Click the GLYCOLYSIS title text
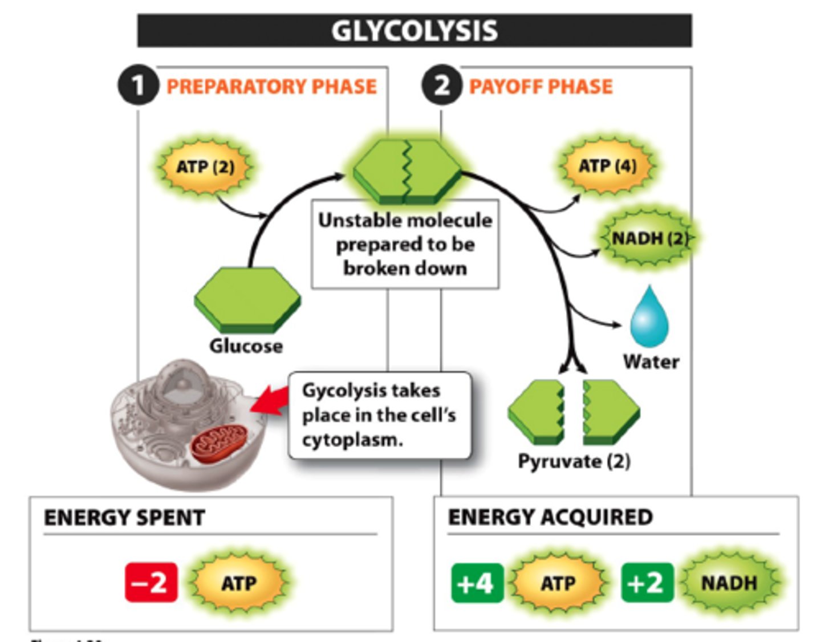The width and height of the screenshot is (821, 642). [414, 31]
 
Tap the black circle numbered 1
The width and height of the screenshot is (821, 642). [137, 86]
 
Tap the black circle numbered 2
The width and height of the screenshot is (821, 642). [441, 86]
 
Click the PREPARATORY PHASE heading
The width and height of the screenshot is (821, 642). [271, 87]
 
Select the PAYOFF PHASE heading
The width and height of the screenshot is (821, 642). [540, 87]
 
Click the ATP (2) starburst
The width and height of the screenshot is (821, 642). [205, 167]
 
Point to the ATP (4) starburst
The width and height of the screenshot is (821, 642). [608, 166]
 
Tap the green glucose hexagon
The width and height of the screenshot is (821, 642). [247, 299]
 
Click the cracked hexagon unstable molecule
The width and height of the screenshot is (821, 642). [407, 171]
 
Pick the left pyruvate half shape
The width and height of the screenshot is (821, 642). [536, 412]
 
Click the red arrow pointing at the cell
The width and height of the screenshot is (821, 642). [269, 400]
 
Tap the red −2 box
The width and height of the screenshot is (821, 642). [151, 583]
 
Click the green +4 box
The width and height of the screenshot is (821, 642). [477, 583]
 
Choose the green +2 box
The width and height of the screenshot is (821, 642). [647, 583]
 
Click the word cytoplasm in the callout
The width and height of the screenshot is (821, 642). [352, 440]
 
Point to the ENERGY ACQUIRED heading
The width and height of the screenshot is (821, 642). [550, 517]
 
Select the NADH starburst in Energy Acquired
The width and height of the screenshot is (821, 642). [729, 583]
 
